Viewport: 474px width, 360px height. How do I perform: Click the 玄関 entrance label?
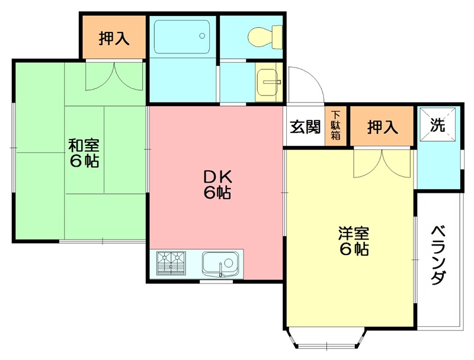305,126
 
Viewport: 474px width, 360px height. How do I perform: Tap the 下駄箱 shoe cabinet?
335,126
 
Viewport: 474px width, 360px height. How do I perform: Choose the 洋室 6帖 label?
354,240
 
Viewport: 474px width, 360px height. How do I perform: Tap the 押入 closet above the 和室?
114,38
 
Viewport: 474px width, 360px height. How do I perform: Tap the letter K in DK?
228,176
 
